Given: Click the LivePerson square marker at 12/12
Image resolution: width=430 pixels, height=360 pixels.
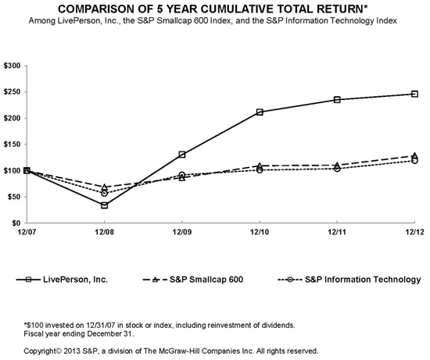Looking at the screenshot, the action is pos(414,94).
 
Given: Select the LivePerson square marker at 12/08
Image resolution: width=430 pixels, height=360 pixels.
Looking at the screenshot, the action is pos(104,205).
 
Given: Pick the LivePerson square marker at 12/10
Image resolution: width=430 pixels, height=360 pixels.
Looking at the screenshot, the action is pos(260,112).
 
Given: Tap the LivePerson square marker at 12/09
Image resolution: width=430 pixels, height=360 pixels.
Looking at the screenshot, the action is pos(182,155).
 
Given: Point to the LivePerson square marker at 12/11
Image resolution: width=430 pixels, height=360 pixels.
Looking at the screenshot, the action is pos(337,100).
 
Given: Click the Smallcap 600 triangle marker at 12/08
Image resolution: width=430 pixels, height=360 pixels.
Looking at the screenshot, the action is pos(104,187).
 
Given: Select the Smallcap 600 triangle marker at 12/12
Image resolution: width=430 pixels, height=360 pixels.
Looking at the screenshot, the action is pos(414,155).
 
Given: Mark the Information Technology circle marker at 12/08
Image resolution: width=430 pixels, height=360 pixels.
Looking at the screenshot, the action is pos(104,194).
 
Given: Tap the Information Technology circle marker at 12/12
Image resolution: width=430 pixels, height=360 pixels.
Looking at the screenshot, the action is pos(414,160).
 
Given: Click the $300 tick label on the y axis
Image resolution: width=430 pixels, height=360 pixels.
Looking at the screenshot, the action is pos(12,66).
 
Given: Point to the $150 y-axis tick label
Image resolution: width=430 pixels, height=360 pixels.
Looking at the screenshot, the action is pos(12,144).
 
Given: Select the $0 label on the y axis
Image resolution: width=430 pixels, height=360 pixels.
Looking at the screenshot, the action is pos(16,223).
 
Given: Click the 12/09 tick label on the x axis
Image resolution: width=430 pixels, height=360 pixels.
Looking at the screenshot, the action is pos(182,232).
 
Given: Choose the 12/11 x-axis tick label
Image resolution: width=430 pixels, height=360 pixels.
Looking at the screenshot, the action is pos(337,232).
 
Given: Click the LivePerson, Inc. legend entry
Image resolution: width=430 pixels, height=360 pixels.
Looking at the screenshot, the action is pos(62,280).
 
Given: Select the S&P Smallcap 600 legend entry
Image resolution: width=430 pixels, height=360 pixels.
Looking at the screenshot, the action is pos(193,280).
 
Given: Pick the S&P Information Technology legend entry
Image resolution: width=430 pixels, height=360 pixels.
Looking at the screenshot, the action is pos(349,280).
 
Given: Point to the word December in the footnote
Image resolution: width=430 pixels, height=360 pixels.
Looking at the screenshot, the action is pos(105,334).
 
